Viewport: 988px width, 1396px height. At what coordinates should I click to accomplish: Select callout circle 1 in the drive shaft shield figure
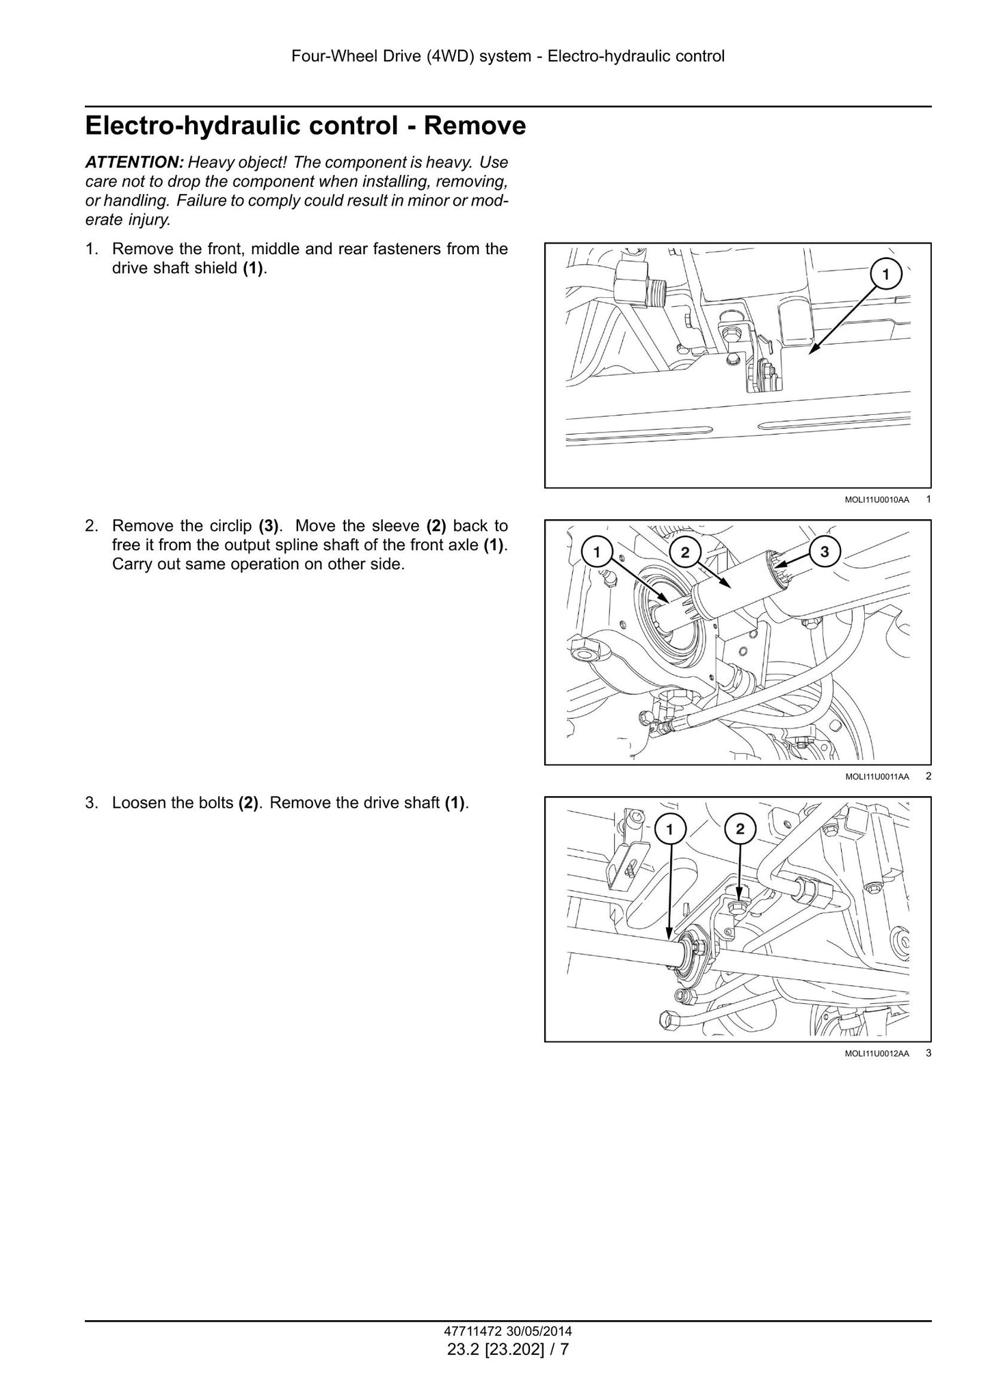click(x=885, y=275)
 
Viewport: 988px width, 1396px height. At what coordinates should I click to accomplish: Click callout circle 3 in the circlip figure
click(x=825, y=552)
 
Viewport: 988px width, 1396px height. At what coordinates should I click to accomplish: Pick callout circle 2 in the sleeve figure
click(x=685, y=552)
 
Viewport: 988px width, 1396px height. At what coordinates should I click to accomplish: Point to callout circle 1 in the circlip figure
click(x=597, y=552)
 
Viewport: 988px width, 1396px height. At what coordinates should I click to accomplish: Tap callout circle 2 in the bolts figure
click(x=740, y=830)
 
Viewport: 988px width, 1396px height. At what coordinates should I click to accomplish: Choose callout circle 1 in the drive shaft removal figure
click(x=670, y=830)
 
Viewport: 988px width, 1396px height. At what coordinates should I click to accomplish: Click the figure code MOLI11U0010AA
click(x=877, y=500)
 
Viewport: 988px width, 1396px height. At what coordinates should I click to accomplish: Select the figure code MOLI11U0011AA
click(x=877, y=777)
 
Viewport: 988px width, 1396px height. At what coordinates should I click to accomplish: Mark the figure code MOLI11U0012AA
click(x=877, y=1054)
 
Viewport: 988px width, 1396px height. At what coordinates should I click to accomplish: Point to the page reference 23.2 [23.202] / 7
click(x=508, y=1350)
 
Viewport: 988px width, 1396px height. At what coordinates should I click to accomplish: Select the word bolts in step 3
click(x=216, y=803)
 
